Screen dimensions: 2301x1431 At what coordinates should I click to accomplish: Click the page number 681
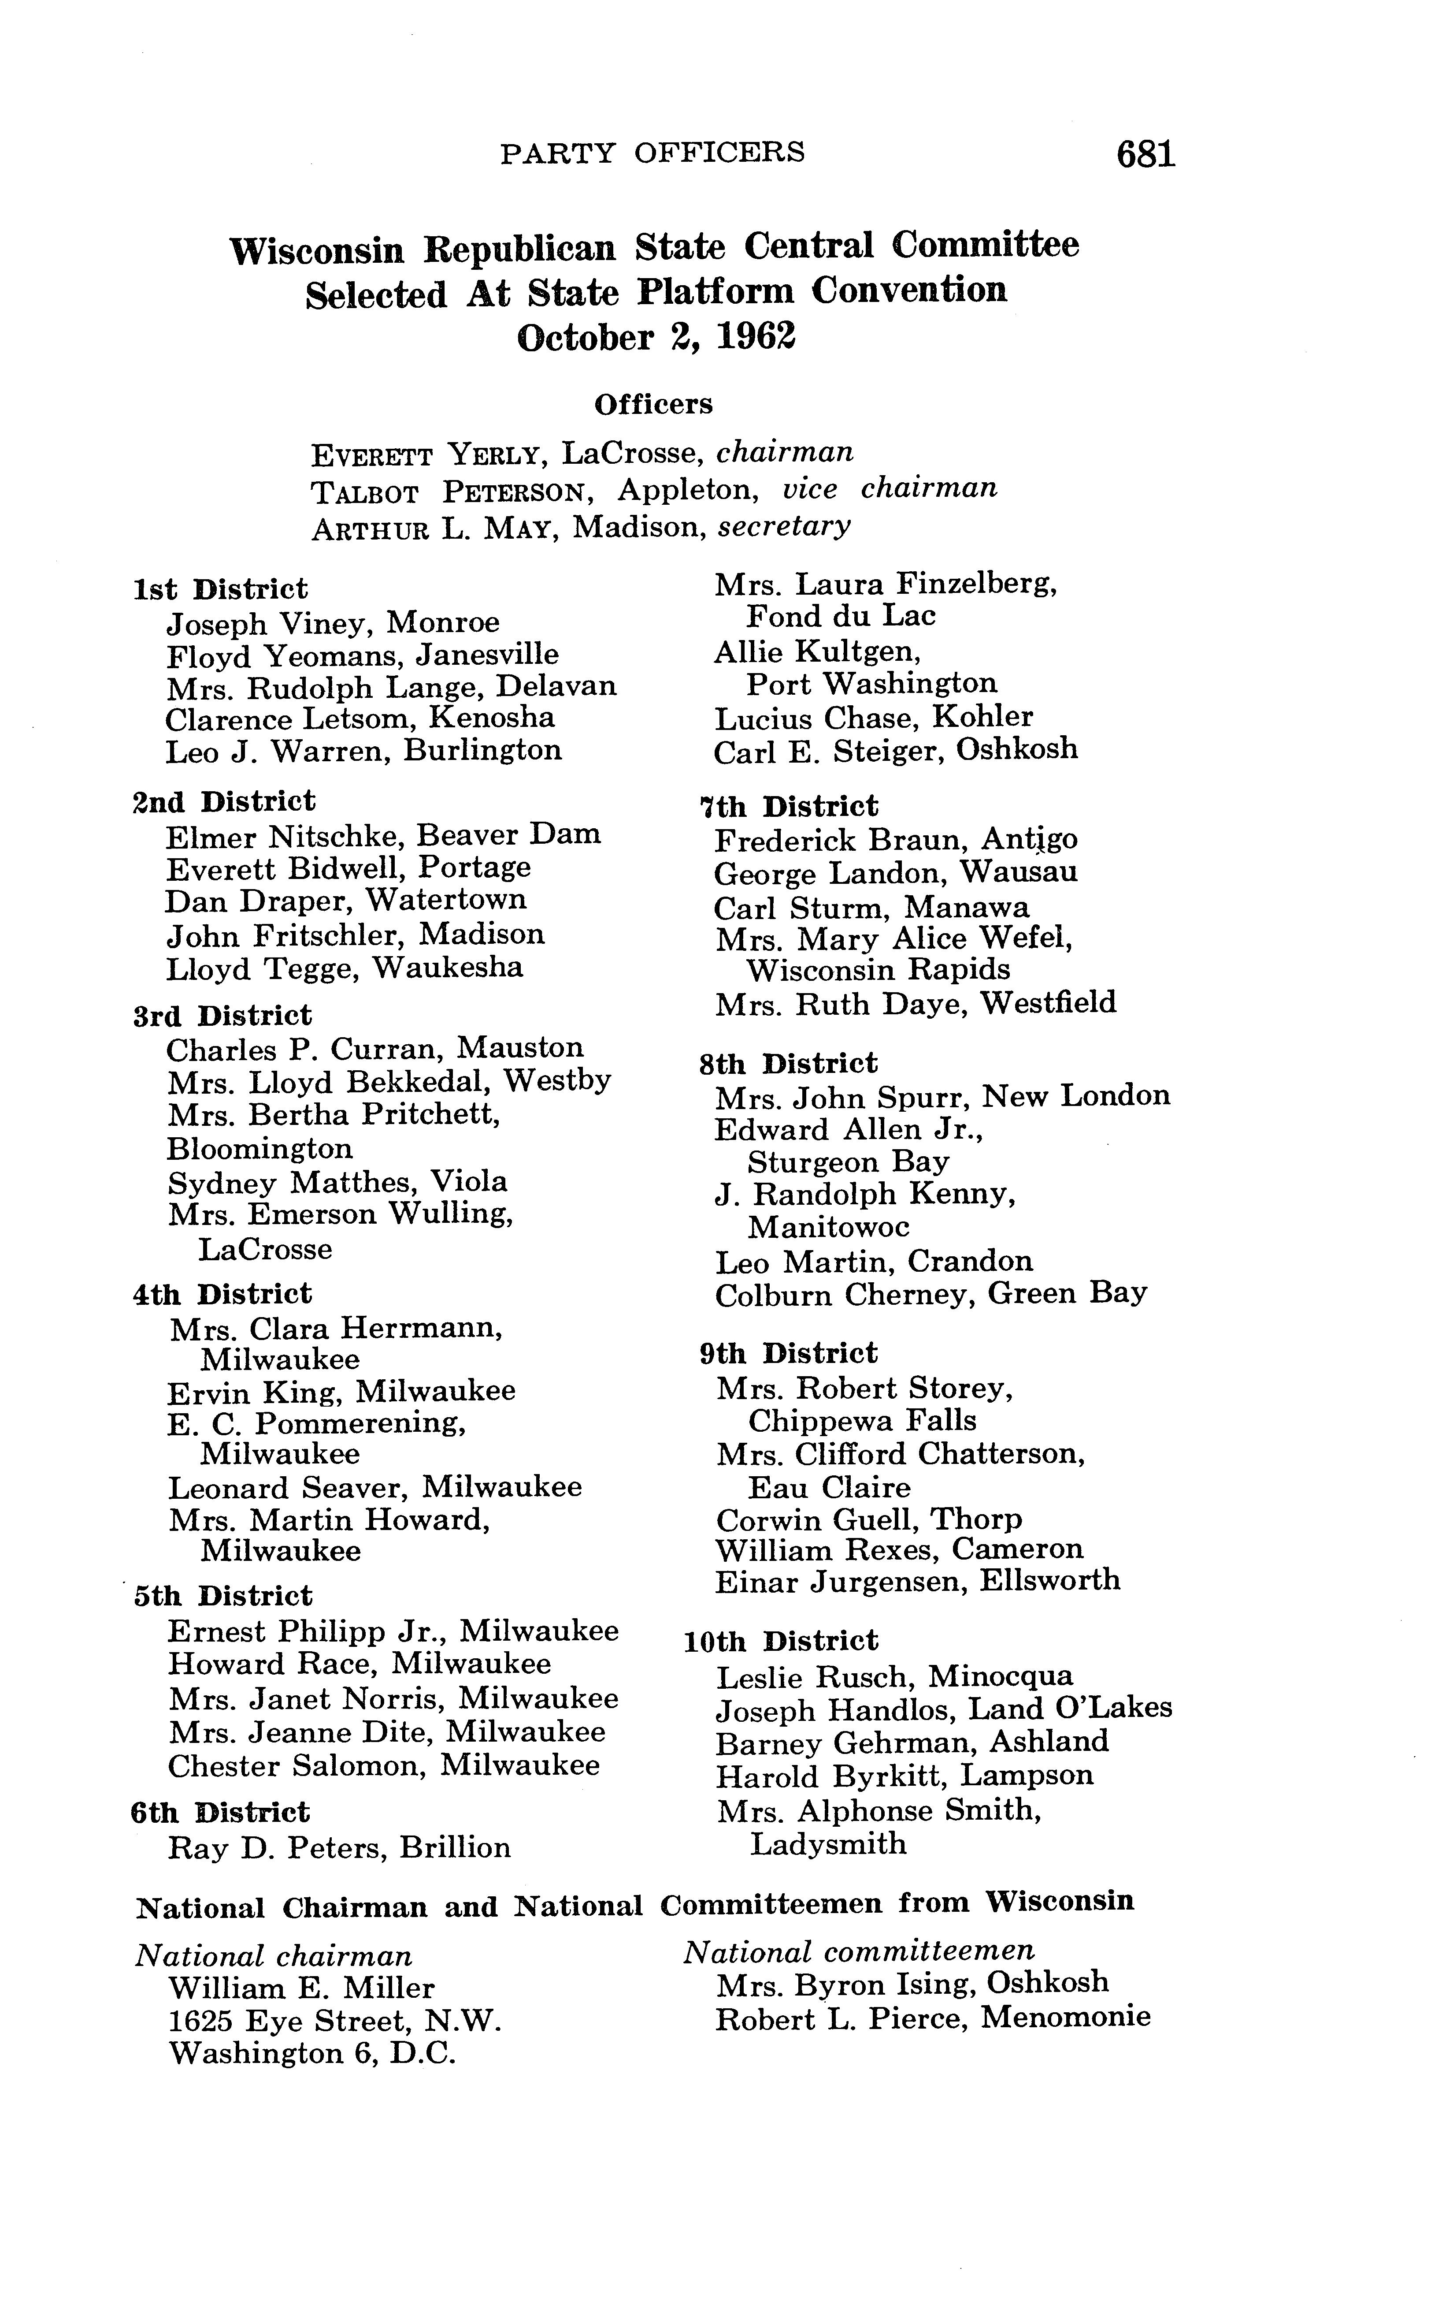tap(1145, 153)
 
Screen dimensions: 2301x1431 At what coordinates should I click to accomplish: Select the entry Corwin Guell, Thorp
tap(869, 1520)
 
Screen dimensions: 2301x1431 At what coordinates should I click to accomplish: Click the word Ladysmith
tap(828, 1843)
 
